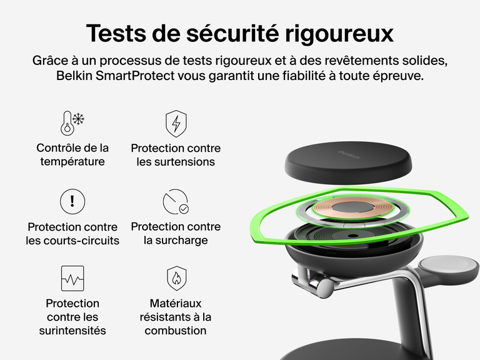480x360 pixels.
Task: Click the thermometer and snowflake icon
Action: click(x=72, y=124)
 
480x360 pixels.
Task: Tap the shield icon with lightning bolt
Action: click(x=176, y=124)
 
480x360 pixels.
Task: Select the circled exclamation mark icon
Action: click(x=72, y=201)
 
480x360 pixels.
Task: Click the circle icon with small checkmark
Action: click(x=176, y=202)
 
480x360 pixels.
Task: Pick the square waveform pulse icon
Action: click(x=72, y=278)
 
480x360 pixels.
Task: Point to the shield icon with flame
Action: click(x=176, y=278)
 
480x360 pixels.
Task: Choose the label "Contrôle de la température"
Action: click(x=72, y=154)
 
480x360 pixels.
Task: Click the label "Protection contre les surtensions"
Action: click(x=176, y=155)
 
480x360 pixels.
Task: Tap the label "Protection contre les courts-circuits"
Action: click(x=72, y=233)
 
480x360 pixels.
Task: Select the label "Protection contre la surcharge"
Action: click(x=176, y=233)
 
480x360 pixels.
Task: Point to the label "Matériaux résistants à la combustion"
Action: click(x=176, y=317)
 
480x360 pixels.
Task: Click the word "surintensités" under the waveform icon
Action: click(x=72, y=331)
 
